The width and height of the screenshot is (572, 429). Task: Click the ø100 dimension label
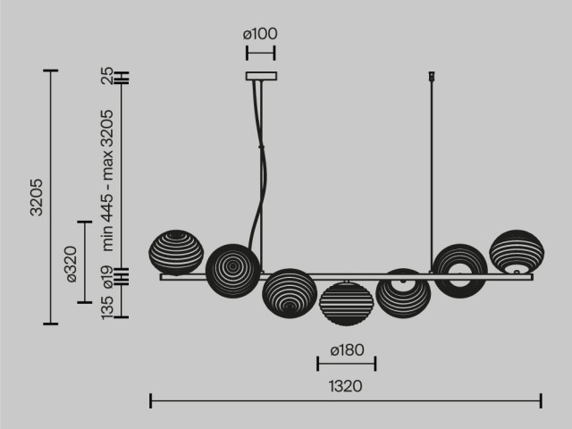(260, 34)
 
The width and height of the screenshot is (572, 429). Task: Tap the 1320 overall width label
(346, 386)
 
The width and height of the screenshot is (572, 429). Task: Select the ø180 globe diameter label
(347, 350)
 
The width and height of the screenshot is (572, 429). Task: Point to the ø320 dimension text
(71, 265)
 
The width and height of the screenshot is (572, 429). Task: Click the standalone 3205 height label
(37, 198)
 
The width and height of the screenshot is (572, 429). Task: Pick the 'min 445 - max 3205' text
(107, 181)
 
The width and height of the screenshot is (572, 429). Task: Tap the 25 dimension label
(107, 76)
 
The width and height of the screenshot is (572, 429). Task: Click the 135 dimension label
(107, 308)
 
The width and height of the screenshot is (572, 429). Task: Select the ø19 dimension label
(107, 278)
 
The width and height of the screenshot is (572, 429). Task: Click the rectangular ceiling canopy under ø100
(261, 76)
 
